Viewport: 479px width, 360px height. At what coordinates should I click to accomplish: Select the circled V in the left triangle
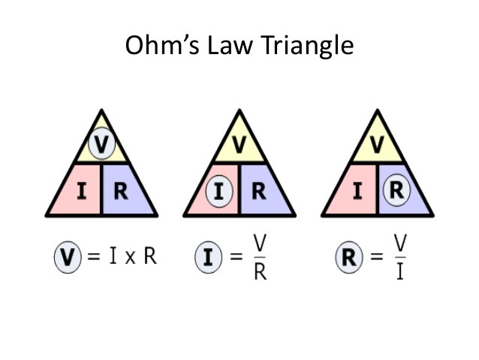click(101, 143)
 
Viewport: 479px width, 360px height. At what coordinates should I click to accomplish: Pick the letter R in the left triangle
click(120, 191)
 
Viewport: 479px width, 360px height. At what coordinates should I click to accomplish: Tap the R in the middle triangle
click(258, 191)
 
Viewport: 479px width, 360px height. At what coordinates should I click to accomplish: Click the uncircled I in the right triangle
click(357, 191)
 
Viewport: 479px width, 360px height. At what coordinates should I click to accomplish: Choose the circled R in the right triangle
click(396, 191)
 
